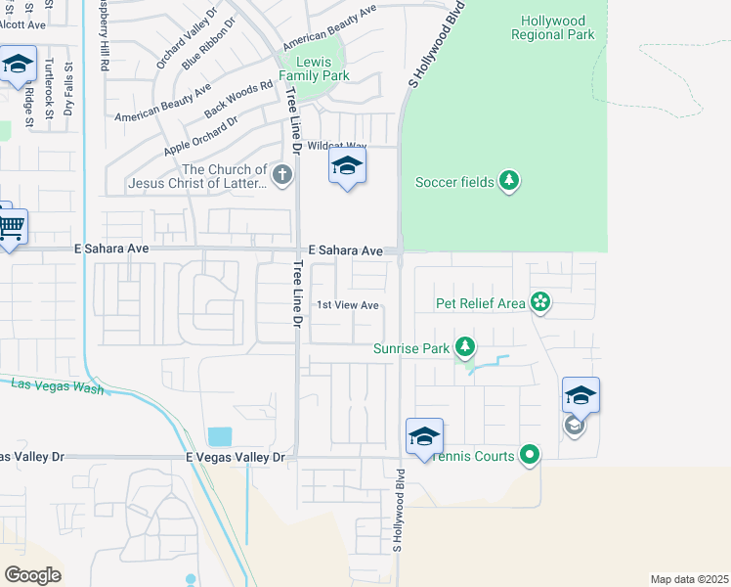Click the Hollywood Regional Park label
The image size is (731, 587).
(552, 27)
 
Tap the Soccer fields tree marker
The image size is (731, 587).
(508, 181)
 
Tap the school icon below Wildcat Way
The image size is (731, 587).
(346, 167)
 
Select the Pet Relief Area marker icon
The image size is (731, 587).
(539, 302)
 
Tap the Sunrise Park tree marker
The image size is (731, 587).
(466, 347)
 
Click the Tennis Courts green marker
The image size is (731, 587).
(530, 454)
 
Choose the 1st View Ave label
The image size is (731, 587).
(347, 305)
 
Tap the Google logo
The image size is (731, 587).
(32, 574)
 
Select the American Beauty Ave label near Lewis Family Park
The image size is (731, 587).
(329, 26)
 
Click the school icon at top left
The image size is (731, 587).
(18, 66)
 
